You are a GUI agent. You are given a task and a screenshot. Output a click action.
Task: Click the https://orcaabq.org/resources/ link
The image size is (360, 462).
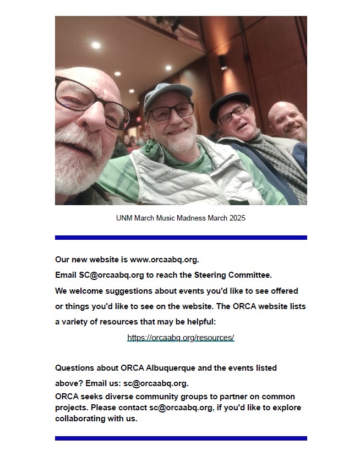[181, 338]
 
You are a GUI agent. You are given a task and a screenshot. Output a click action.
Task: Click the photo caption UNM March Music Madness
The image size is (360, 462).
[181, 218]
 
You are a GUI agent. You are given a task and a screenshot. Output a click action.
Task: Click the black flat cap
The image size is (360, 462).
[228, 102]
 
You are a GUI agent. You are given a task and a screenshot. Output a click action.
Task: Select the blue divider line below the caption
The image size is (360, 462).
[181, 238]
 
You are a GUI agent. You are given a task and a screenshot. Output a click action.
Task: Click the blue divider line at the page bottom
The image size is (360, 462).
[181, 438]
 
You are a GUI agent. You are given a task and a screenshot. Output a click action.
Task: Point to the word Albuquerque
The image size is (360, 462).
[170, 368]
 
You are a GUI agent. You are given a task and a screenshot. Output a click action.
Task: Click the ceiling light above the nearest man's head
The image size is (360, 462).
[96, 45]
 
